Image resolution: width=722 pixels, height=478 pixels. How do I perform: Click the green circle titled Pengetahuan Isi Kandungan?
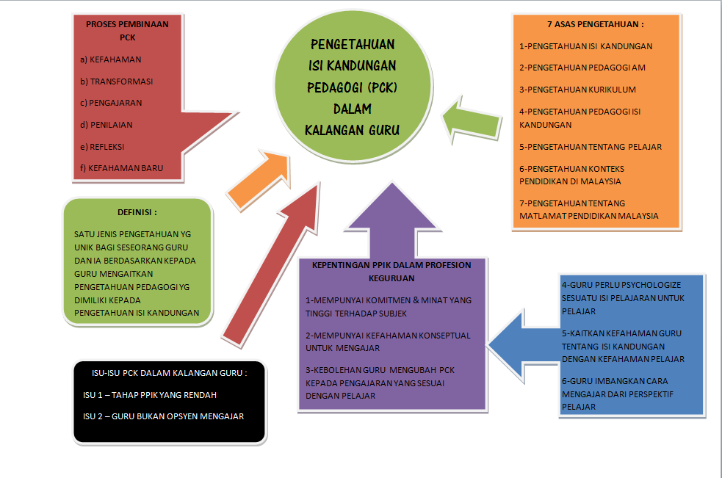(352, 88)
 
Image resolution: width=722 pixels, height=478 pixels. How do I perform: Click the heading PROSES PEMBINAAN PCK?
(127, 30)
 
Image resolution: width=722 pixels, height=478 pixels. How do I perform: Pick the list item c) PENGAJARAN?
(111, 103)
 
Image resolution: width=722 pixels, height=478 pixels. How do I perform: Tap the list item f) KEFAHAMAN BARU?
(121, 168)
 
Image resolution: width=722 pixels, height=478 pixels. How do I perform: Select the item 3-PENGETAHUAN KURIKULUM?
(577, 90)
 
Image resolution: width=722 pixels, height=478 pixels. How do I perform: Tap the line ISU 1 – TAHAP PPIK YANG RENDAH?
(150, 395)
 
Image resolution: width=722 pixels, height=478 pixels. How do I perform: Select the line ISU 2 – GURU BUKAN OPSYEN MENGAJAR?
(163, 417)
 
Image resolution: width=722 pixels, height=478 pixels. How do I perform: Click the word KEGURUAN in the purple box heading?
(392, 278)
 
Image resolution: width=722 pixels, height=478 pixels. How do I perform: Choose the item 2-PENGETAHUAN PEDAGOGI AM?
(582, 68)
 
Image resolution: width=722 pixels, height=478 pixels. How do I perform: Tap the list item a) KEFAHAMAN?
(110, 59)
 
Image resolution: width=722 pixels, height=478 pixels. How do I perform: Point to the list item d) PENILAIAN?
(107, 125)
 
